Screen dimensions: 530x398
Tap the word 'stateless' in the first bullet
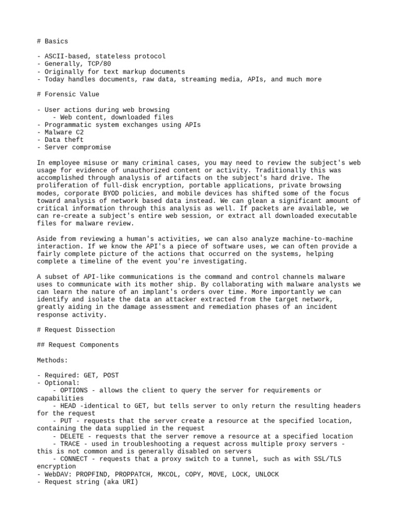112,56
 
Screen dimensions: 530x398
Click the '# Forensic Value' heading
68,94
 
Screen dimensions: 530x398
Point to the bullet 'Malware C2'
64,132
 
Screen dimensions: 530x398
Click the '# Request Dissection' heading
76,330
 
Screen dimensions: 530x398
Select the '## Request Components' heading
78,345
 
